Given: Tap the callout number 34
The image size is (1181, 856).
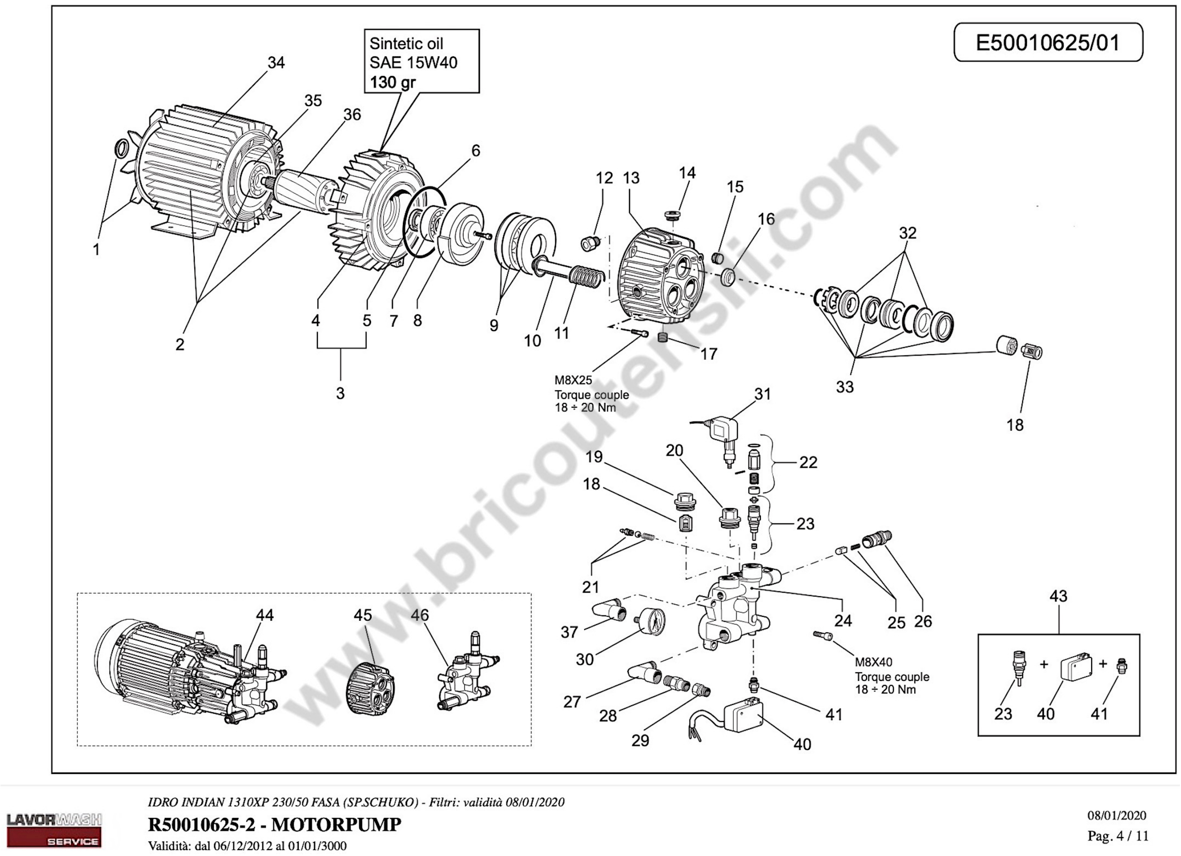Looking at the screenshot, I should click(x=276, y=62).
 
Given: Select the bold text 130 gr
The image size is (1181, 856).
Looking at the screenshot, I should click(x=393, y=82).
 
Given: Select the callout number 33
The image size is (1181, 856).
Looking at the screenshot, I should click(x=845, y=387).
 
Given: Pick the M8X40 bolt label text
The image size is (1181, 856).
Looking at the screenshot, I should click(x=873, y=662).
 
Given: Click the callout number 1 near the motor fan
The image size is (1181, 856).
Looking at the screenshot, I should click(x=96, y=250).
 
